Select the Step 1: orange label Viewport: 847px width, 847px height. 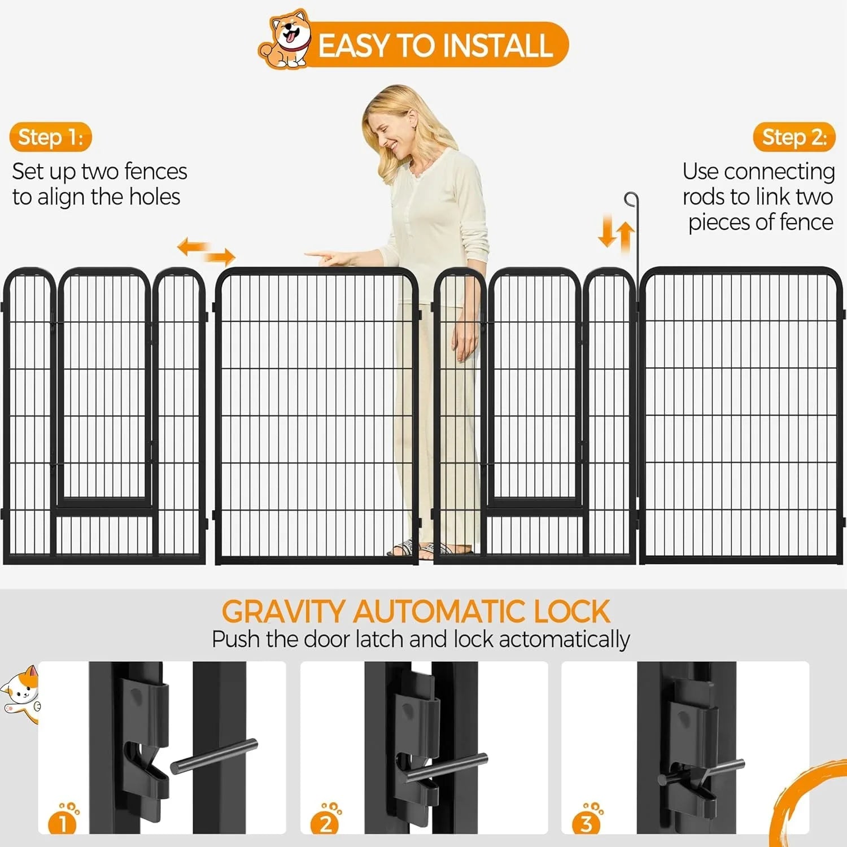click(50, 137)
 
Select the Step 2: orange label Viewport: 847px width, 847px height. click(794, 137)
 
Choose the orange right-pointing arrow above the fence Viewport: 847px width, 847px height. click(219, 257)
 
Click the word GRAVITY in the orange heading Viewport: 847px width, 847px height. click(283, 612)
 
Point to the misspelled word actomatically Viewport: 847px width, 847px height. click(564, 640)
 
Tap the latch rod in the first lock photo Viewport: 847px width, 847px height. click(214, 756)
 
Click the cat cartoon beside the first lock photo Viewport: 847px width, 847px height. click(21, 695)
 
